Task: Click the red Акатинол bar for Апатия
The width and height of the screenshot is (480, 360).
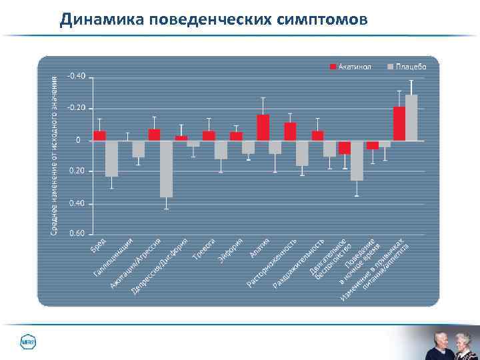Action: pos(263,127)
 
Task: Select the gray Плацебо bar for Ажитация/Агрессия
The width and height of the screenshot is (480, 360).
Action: pos(166,169)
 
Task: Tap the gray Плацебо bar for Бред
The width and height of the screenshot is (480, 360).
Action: pos(111,158)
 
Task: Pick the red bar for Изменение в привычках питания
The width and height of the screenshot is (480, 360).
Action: pos(399,123)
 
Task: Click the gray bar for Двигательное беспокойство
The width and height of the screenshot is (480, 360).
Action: pos(357,160)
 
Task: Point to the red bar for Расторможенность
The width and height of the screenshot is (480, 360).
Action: pos(290,131)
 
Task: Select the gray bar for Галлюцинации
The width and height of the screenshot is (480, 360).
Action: pos(139,149)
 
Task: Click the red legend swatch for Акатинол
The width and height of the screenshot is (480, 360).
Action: pos(331,67)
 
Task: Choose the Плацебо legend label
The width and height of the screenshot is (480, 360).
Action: pos(411,67)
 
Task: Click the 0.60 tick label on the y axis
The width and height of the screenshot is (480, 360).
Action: pos(77,234)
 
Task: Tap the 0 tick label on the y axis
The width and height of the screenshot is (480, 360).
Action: pos(78,140)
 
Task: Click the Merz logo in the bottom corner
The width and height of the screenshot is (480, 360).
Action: pos(27,342)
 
